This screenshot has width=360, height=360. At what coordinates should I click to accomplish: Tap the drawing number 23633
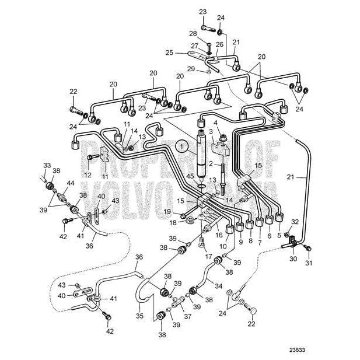[296, 351]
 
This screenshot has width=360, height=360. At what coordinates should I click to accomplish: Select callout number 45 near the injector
[190, 176]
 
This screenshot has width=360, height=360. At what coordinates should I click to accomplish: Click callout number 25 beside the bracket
[169, 52]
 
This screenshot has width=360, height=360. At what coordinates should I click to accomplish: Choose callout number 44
[71, 183]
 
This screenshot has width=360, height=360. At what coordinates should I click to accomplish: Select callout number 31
[309, 262]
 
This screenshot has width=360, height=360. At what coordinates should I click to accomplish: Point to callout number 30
[293, 258]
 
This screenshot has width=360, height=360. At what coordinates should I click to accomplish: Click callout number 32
[295, 222]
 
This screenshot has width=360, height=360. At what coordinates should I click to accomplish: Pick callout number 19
[166, 211]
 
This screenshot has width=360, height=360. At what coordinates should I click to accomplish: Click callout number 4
[216, 123]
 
